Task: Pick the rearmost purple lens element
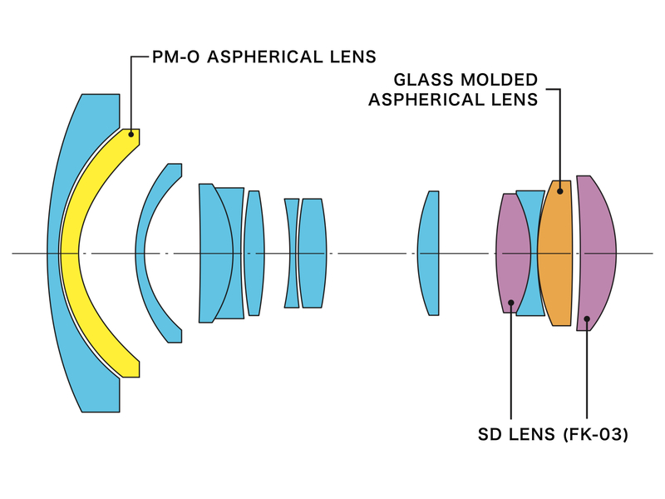point(597,249)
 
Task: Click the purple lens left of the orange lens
point(512,249)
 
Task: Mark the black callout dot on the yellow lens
point(131,134)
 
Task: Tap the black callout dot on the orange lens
point(559,191)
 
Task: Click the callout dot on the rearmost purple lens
point(588,318)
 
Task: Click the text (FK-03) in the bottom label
point(595,434)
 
